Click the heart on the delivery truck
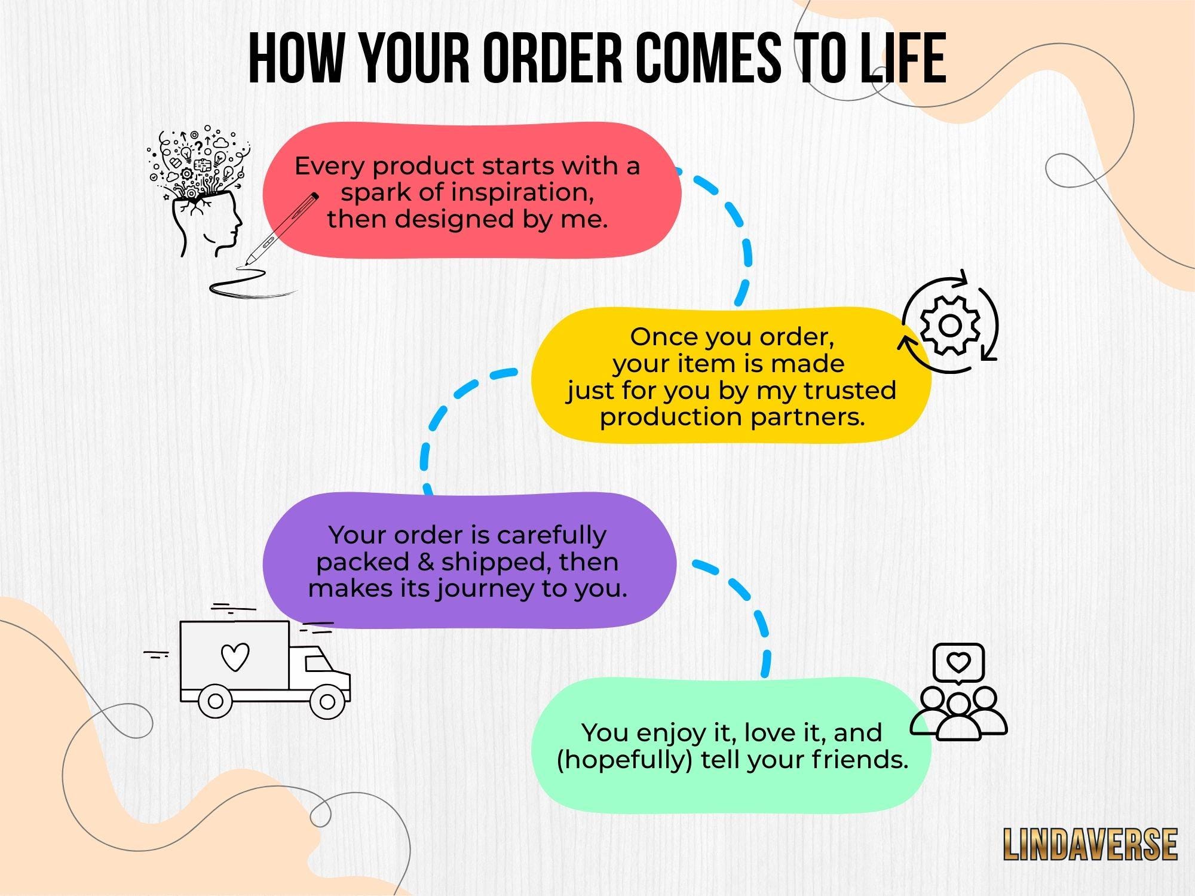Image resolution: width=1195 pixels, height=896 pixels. coord(235,656)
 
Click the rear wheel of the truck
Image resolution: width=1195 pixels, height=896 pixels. coord(215,701)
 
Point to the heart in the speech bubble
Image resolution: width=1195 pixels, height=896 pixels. coord(959,662)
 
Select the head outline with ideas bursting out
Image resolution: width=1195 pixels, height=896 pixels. coord(200,191)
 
